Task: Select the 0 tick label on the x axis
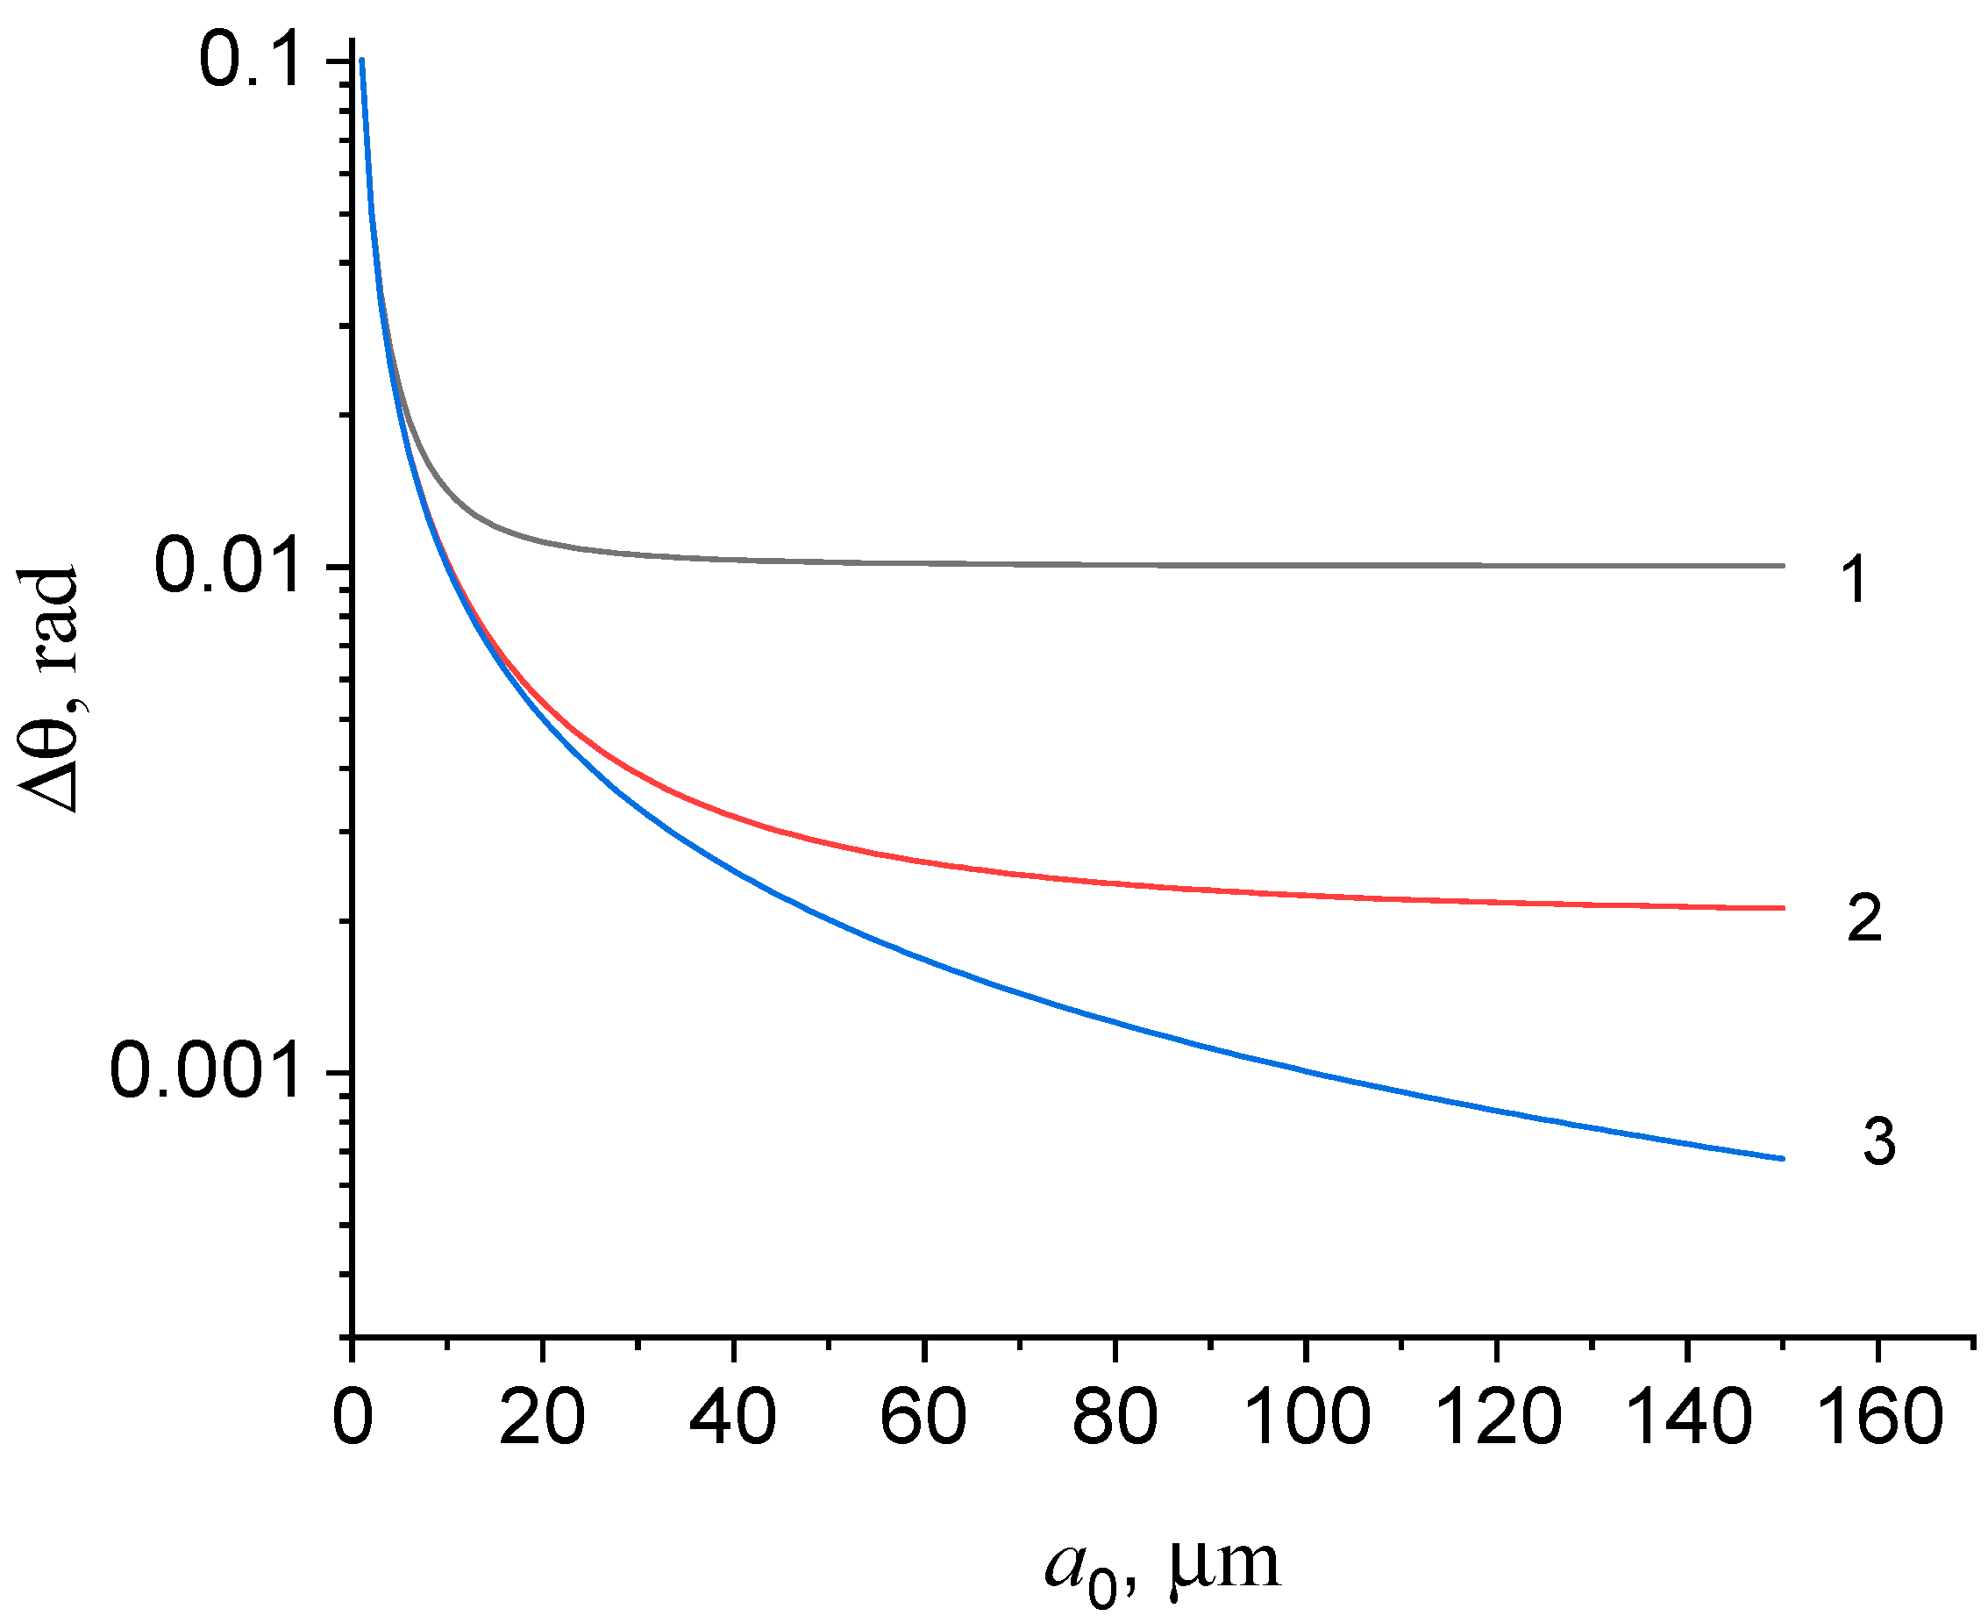click(x=353, y=1418)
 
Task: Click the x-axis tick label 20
click(x=542, y=1418)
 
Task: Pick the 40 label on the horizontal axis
click(x=733, y=1418)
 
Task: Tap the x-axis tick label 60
click(x=923, y=1418)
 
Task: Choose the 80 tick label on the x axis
click(x=1114, y=1418)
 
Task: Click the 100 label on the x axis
click(x=1307, y=1418)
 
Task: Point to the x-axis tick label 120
click(x=1497, y=1418)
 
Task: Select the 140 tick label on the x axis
click(x=1688, y=1418)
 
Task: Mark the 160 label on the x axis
click(x=1878, y=1418)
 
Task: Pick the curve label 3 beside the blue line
click(x=1878, y=1141)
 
